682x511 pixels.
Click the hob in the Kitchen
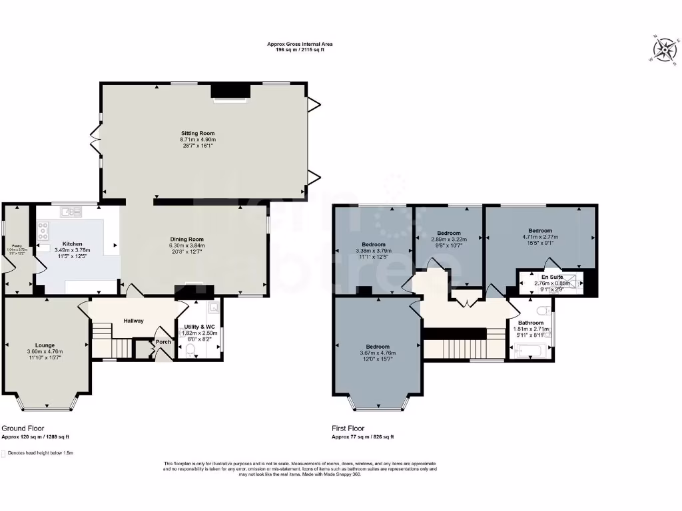[x=45, y=231]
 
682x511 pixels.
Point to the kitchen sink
[x=70, y=212]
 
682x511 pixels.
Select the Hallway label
[x=133, y=321]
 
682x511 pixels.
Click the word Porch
[x=163, y=342]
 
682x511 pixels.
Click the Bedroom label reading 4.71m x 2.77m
[x=540, y=230]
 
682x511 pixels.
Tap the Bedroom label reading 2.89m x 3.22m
[x=448, y=233]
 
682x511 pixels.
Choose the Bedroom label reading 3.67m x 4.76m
[x=378, y=347]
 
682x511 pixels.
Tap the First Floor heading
[x=348, y=428]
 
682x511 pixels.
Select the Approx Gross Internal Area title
[x=300, y=44]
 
